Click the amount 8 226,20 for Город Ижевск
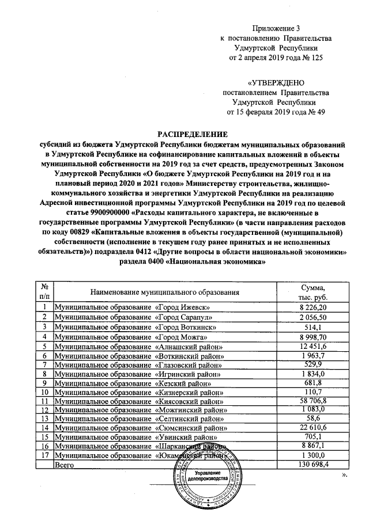[x=313, y=309]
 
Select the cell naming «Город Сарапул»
[x=137, y=318]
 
